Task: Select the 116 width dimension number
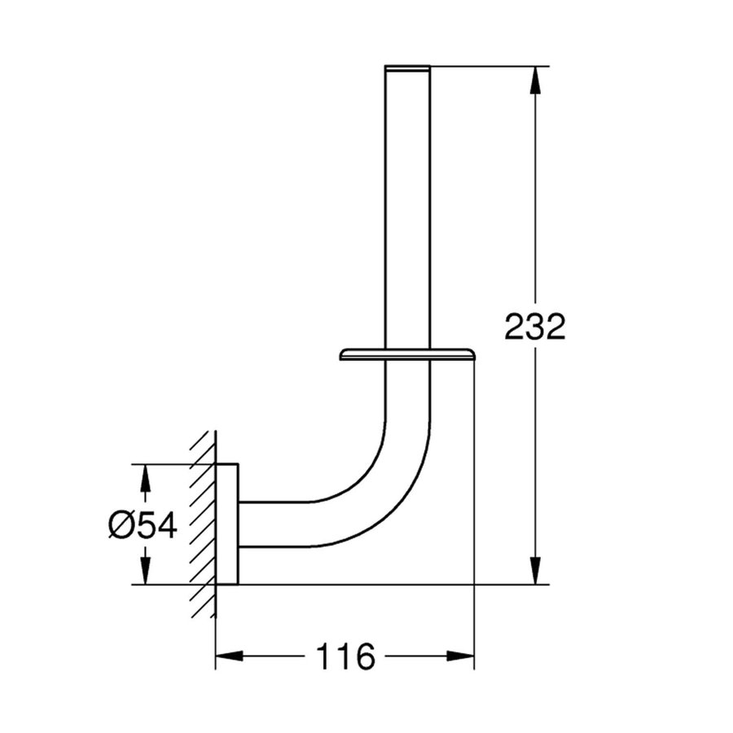[345, 656]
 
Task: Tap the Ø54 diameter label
[143, 525]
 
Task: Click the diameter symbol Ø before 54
[121, 525]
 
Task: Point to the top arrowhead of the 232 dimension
[535, 80]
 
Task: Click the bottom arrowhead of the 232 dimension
[535, 571]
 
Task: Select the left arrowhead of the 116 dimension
[229, 656]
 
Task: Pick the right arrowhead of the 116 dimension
[460, 656]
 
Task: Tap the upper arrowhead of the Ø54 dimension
[146, 477]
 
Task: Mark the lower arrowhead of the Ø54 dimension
[146, 571]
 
